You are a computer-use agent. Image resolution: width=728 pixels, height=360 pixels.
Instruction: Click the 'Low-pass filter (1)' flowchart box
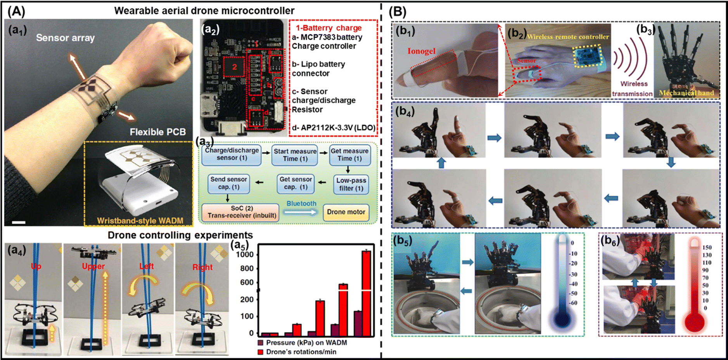point(351,184)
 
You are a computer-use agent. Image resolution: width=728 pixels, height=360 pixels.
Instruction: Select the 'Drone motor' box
point(346,212)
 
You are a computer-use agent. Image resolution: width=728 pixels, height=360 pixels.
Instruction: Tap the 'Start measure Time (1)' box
point(295,155)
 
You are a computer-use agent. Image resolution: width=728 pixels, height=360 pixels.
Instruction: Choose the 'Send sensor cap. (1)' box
point(228,183)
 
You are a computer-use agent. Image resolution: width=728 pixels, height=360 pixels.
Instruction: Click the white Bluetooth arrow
point(300,212)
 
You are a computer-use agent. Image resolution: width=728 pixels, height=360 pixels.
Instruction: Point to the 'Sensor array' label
point(65,38)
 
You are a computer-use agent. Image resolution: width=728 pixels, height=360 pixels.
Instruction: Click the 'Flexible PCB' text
point(157,132)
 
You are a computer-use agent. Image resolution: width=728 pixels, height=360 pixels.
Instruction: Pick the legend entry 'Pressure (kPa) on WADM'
point(306,343)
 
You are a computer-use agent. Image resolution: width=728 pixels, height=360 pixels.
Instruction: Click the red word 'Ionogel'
point(421,51)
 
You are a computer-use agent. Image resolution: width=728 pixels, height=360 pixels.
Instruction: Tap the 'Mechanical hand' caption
point(686,93)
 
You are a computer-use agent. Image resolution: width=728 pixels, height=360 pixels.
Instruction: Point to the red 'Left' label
point(147,266)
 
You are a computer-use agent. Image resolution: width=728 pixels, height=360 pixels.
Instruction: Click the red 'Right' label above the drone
point(202,267)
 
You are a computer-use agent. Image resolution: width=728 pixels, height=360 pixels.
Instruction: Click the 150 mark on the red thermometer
point(707,247)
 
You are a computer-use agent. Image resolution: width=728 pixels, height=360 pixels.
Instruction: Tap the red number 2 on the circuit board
point(234,67)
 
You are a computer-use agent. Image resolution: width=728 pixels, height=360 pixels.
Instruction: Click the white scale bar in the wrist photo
point(19,222)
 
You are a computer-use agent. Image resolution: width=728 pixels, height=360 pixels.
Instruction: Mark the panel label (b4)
point(405,112)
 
